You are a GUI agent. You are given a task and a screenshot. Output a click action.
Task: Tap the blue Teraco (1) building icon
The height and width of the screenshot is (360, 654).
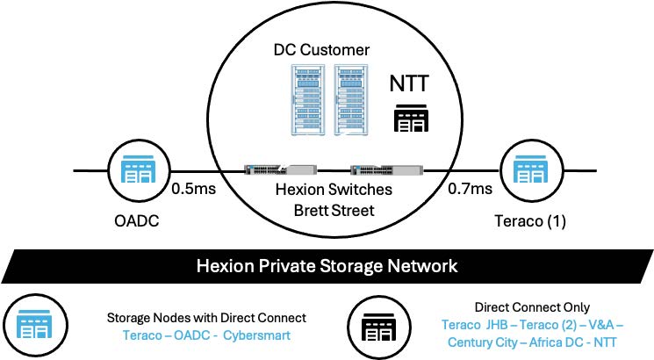pyautogui.click(x=524, y=169)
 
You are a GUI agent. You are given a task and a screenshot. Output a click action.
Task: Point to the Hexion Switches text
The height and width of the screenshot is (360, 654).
pyautogui.click(x=328, y=191)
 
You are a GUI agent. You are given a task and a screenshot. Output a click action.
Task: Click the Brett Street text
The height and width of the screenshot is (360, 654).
pyautogui.click(x=328, y=212)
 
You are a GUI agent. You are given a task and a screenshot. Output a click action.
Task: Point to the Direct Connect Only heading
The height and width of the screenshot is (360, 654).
pyautogui.click(x=525, y=308)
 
